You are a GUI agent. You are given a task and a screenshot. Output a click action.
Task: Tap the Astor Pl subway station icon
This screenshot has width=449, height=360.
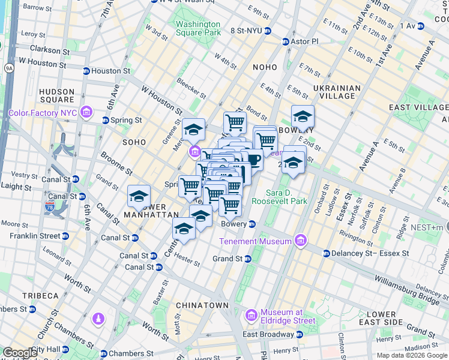[x=286, y=41]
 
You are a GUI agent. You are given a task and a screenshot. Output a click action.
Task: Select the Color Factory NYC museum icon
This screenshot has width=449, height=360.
[x=86, y=112]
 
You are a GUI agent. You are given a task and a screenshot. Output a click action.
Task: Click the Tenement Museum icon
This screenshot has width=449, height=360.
[x=301, y=241]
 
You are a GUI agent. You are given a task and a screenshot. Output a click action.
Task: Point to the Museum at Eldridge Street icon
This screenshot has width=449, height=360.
[x=252, y=316]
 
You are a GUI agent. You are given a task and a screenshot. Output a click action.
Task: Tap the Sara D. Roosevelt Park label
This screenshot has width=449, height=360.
[x=287, y=197]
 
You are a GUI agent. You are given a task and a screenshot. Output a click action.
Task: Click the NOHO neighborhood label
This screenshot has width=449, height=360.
[x=265, y=67]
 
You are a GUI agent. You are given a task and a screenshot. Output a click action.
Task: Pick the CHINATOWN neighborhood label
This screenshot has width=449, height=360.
[x=202, y=305]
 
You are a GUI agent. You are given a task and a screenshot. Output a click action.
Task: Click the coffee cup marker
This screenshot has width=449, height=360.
[x=254, y=160]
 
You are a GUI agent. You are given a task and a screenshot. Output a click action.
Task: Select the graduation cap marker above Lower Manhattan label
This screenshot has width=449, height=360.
[x=138, y=196]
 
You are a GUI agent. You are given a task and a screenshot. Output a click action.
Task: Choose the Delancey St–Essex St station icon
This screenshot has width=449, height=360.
[x=327, y=253]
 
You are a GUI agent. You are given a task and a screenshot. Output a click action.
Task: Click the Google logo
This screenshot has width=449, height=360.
[x=20, y=353]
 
